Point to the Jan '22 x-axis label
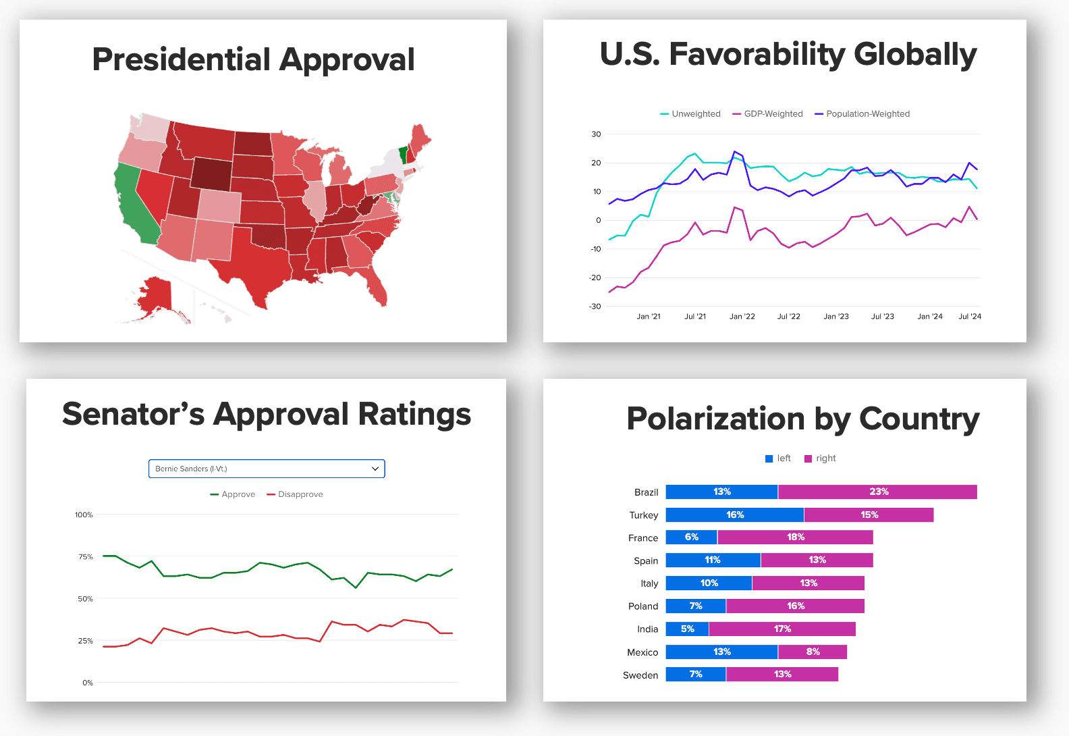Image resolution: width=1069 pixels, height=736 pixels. (x=742, y=316)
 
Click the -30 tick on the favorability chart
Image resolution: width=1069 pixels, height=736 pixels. (x=595, y=307)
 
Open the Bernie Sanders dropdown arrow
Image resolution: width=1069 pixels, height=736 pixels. (x=375, y=469)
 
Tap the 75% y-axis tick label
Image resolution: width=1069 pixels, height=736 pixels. (x=86, y=557)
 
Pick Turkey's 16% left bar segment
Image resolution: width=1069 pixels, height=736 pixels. (x=734, y=515)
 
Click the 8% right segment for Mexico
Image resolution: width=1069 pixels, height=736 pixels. (x=813, y=652)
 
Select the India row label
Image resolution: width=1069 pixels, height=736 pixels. (x=647, y=629)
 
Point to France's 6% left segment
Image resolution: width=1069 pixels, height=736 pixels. (x=691, y=537)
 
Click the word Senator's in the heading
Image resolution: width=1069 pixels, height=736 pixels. (x=133, y=415)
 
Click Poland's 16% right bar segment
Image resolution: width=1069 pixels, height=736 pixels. (x=795, y=606)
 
